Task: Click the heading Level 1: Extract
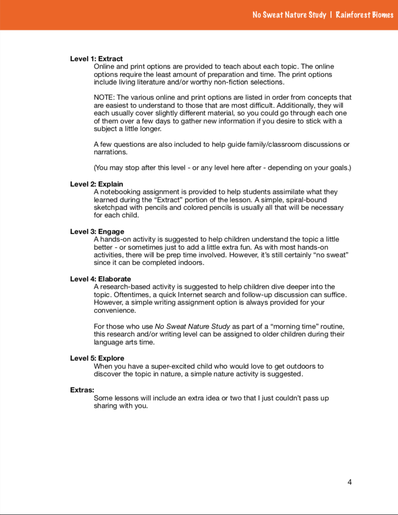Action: click(x=96, y=59)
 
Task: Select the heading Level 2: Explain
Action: click(x=96, y=184)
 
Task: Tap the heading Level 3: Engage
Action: click(x=97, y=232)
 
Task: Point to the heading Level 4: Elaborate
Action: click(x=100, y=279)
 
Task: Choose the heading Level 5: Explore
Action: click(x=97, y=358)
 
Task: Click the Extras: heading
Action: click(x=82, y=390)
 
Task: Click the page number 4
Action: click(x=349, y=482)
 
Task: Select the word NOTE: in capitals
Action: click(x=104, y=98)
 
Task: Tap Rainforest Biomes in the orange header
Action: click(x=364, y=15)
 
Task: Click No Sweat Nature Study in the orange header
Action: click(x=289, y=15)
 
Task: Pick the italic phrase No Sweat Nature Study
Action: click(x=192, y=327)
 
